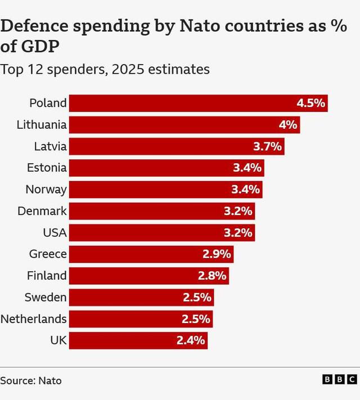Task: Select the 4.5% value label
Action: (x=311, y=103)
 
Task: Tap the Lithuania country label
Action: (x=42, y=125)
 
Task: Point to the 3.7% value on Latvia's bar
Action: (x=267, y=146)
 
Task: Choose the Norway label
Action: (x=46, y=190)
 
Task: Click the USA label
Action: (x=55, y=232)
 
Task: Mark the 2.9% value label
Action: (x=217, y=254)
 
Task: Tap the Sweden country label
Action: (x=46, y=297)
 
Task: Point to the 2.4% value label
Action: (x=192, y=340)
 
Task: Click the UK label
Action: (x=58, y=340)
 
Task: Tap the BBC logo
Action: (x=340, y=380)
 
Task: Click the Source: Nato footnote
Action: (x=31, y=380)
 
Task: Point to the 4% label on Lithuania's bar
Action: (x=287, y=125)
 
